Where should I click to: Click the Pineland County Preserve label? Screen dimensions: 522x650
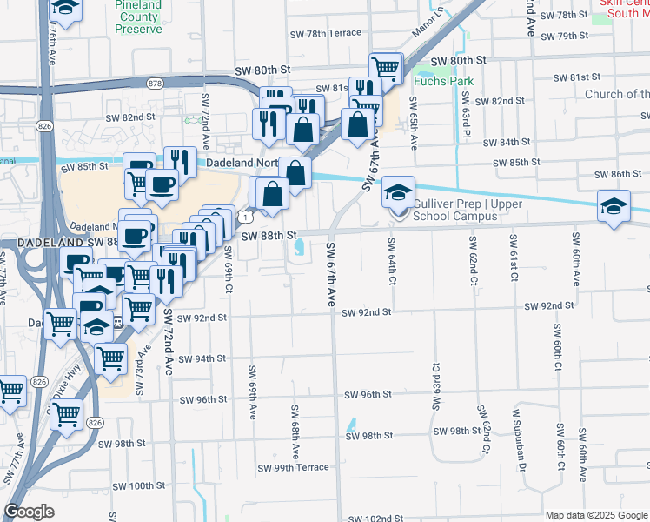138,17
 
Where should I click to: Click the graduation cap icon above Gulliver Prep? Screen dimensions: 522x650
399,191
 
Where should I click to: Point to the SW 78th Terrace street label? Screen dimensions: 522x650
327,33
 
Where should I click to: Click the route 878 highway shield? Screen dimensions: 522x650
156,84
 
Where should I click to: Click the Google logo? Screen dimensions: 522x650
29,512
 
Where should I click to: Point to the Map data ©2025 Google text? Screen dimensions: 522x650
595,515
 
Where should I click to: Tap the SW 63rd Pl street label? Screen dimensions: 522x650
467,110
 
